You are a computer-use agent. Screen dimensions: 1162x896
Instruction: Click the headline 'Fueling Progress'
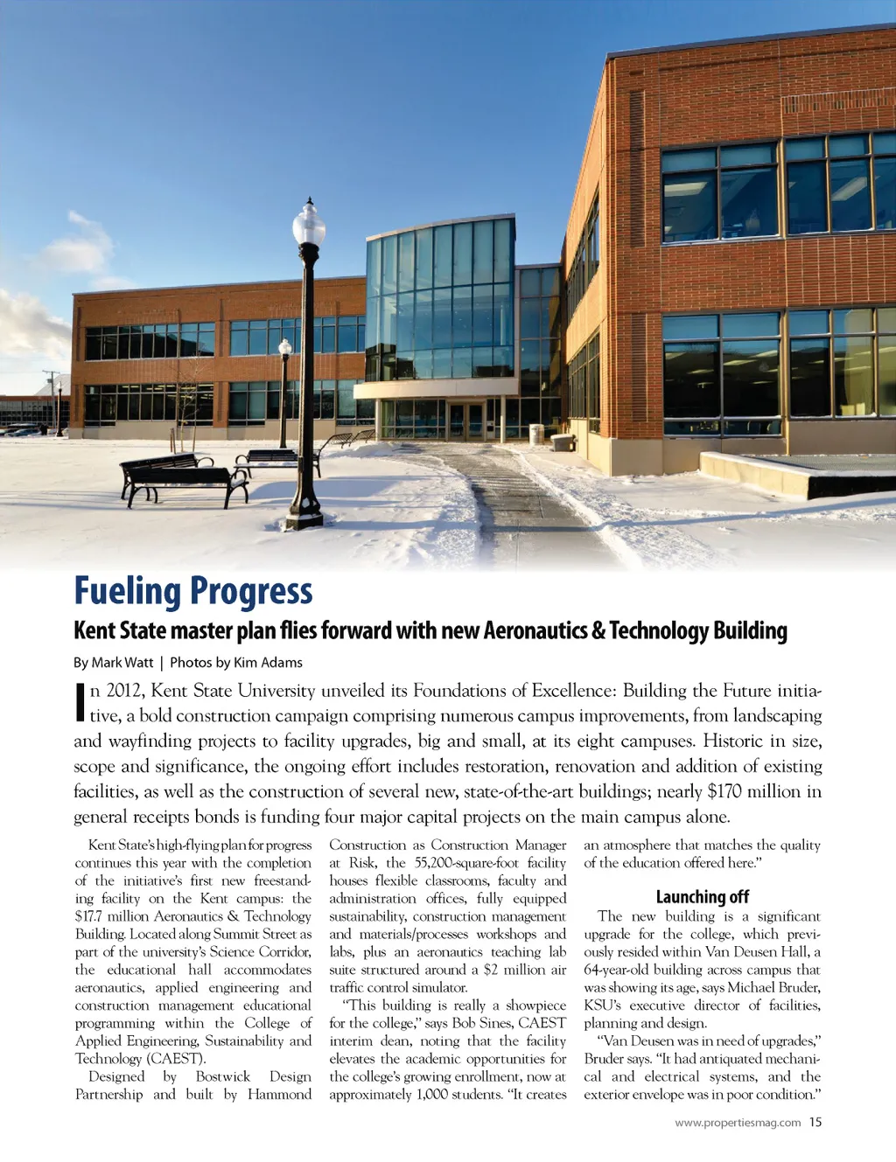(192, 592)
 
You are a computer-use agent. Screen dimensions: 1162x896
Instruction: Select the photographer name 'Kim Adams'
(268, 663)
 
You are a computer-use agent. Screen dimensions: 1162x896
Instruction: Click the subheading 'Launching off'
(702, 896)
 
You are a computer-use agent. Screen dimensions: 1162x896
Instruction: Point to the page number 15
(815, 1123)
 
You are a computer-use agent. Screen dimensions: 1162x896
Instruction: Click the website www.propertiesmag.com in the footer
(738, 1123)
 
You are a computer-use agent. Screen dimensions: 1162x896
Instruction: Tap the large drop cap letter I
(80, 702)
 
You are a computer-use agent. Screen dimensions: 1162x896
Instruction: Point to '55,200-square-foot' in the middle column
(467, 863)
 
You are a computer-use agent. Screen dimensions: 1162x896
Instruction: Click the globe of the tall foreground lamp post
(308, 225)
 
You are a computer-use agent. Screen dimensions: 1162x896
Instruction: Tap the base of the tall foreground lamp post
(305, 515)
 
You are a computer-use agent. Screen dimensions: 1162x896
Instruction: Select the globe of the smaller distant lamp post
(285, 347)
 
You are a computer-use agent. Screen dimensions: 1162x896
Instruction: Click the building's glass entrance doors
(465, 421)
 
